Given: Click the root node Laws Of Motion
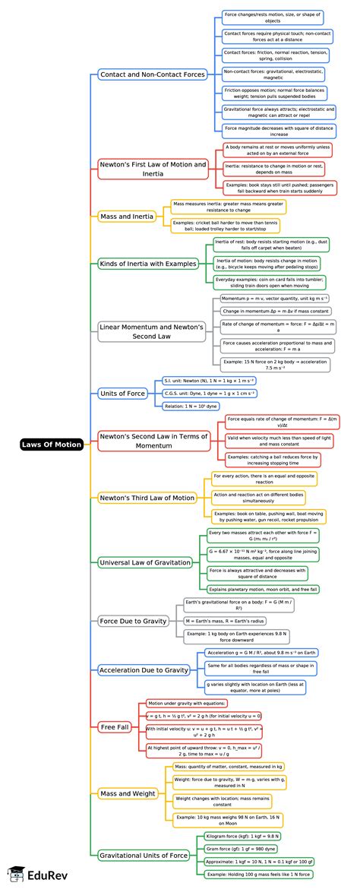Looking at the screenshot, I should tap(52, 444).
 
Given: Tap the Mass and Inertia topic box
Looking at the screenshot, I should tap(127, 217).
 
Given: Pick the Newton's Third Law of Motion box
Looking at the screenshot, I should tap(147, 498).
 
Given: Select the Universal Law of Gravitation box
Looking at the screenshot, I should tap(145, 562).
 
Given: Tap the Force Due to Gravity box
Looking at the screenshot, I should tap(133, 621).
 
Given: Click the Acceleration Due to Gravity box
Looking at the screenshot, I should tap(144, 670).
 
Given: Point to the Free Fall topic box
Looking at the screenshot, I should tap(115, 727).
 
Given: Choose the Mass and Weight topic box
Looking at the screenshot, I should tap(128, 793).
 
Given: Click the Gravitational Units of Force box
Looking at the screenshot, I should tap(144, 855).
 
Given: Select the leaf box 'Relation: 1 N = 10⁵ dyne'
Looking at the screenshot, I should tap(191, 407).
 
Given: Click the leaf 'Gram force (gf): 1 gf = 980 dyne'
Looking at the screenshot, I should tap(242, 848).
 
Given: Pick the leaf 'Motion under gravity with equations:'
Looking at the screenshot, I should tap(187, 703).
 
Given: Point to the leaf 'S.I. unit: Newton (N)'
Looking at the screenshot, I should tap(210, 380).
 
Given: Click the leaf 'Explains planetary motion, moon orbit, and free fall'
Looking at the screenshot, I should tap(264, 589).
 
